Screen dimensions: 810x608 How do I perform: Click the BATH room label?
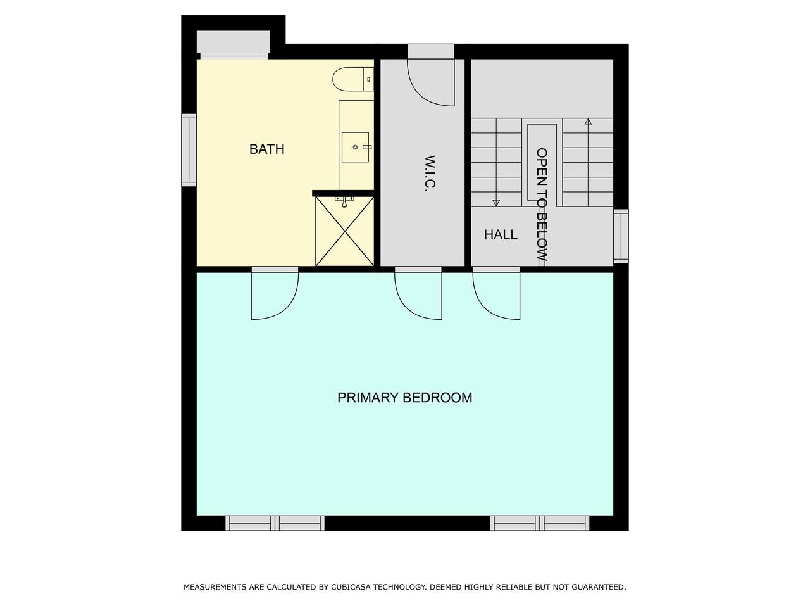267,149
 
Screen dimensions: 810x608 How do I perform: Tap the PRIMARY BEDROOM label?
405,398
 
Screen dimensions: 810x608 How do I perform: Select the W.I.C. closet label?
430,174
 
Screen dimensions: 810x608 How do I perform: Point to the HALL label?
501,234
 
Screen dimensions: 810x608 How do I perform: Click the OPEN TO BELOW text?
541,205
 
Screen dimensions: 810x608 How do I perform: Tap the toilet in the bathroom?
353,79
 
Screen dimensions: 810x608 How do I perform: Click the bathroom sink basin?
355,148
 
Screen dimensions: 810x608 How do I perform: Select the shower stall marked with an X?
345,231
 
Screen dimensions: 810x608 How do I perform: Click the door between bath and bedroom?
275,293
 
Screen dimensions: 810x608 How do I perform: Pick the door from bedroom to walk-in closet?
418,293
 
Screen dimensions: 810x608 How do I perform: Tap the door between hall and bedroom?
496,293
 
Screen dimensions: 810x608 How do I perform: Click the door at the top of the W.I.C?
431,75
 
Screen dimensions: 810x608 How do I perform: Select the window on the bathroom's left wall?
189,150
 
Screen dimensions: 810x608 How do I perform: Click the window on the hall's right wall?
621,236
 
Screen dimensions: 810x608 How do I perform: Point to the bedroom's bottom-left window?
275,523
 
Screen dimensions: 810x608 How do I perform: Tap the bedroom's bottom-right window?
540,523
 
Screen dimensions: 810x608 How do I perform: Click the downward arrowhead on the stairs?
496,203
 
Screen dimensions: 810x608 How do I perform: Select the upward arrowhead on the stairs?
589,122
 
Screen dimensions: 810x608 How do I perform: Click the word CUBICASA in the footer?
351,587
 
